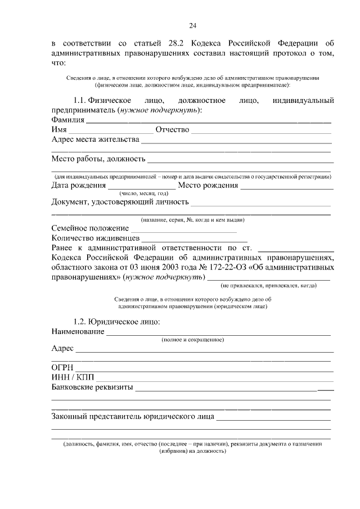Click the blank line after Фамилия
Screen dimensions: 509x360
point(208,122)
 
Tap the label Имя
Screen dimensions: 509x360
point(59,130)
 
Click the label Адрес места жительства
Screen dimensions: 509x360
point(95,139)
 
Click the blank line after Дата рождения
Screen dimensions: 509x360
point(142,188)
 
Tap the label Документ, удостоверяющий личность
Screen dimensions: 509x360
point(119,202)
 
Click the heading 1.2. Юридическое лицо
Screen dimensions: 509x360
point(116,322)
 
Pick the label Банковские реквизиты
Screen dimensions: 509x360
point(92,387)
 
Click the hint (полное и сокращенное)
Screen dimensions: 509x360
point(193,340)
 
